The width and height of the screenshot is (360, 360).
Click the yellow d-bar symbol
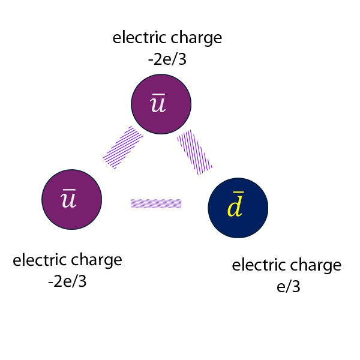[235, 206]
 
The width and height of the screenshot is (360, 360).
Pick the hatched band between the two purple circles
[123, 147]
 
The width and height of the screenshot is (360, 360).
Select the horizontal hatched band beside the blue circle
[156, 203]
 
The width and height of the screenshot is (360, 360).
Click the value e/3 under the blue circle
[288, 287]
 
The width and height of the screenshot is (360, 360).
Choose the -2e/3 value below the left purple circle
[67, 281]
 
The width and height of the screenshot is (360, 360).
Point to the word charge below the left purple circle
[97, 262]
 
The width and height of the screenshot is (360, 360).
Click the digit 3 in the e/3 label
[295, 287]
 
